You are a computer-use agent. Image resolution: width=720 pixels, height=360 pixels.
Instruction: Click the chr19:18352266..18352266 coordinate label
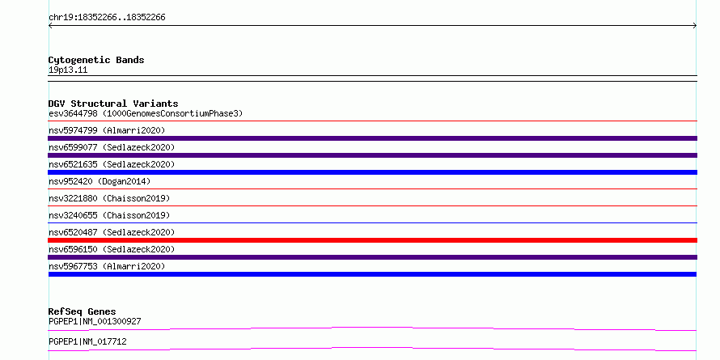(x=107, y=18)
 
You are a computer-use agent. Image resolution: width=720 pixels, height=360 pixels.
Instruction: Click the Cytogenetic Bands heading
(x=96, y=60)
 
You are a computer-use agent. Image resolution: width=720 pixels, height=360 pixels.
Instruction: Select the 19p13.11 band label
(x=68, y=70)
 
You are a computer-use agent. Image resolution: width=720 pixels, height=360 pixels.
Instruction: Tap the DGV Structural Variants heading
(x=113, y=104)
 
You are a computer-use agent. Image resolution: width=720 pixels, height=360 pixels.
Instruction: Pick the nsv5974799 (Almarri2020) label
(x=107, y=130)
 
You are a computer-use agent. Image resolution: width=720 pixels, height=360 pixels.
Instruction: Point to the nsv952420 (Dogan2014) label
(x=100, y=181)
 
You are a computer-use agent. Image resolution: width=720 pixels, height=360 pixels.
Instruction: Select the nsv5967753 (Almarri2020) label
(x=107, y=266)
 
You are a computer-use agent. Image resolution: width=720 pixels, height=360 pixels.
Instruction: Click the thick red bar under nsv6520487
(x=372, y=240)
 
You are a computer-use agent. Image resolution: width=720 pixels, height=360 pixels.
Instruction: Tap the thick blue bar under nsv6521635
(x=372, y=172)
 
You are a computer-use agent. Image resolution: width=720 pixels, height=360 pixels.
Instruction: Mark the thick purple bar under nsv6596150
(x=372, y=257)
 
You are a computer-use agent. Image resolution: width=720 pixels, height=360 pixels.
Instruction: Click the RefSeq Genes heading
(x=83, y=311)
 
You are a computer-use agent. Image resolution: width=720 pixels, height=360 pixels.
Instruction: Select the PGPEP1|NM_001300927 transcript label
(x=95, y=321)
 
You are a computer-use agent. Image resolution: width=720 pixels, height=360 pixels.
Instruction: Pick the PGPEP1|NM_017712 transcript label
(x=87, y=341)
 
